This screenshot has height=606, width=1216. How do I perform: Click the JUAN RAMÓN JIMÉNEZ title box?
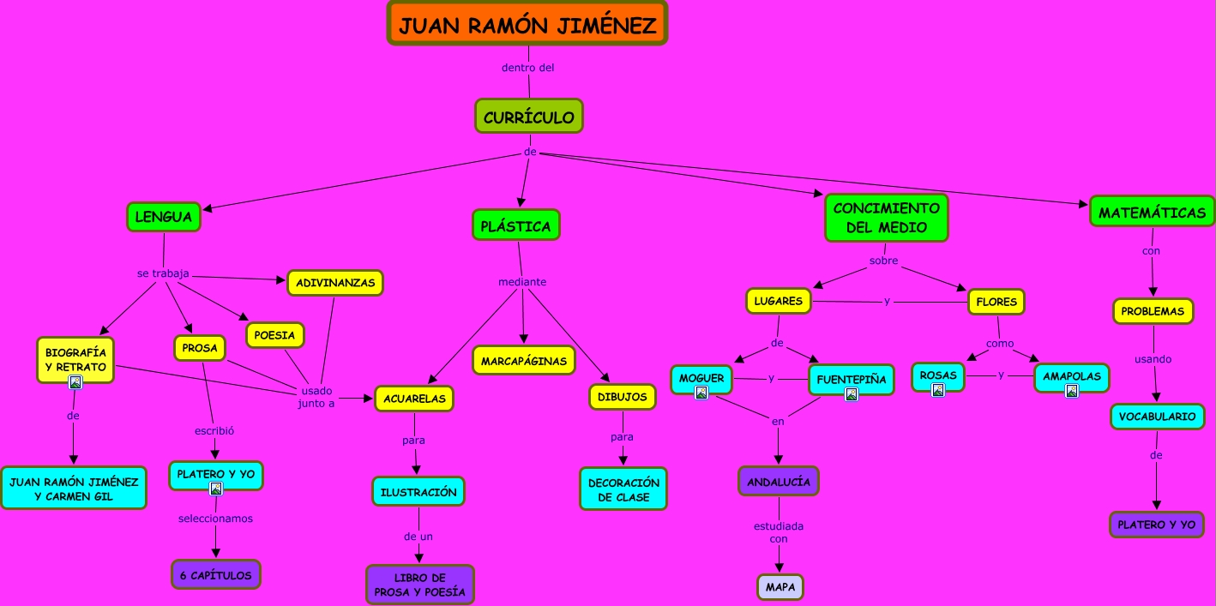(x=527, y=24)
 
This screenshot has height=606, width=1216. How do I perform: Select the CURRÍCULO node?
(x=529, y=117)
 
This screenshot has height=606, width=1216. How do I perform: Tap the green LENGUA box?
(x=163, y=217)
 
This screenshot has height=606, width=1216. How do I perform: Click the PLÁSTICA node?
(x=515, y=225)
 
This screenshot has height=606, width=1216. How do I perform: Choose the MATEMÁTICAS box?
(x=1152, y=212)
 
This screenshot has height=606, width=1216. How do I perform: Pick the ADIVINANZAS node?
(x=334, y=282)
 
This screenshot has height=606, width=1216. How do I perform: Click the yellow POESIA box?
(x=274, y=334)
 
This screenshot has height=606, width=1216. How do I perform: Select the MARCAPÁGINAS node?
(x=523, y=360)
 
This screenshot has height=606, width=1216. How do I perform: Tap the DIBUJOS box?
(x=623, y=396)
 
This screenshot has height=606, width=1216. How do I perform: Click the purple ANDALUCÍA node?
(x=778, y=481)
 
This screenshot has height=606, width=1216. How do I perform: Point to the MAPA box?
(x=780, y=587)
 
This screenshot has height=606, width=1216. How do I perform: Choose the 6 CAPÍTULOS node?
(x=215, y=574)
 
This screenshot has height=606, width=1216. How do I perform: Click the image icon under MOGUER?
(x=701, y=393)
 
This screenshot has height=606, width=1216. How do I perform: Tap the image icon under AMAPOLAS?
(x=1071, y=391)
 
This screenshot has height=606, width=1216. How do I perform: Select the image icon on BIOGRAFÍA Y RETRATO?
(x=75, y=382)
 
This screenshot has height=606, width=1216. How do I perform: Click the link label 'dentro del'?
(x=527, y=67)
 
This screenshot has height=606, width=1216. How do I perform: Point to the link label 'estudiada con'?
(x=779, y=532)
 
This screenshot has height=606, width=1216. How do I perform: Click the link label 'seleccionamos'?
(x=215, y=518)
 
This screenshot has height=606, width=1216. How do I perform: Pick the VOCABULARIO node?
(x=1157, y=416)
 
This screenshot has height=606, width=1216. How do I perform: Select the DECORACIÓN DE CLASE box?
(x=623, y=489)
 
